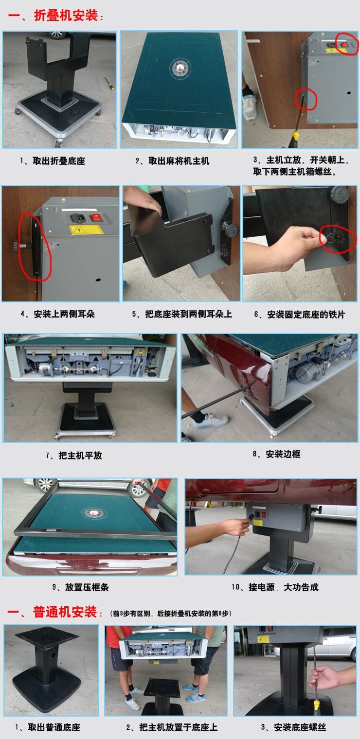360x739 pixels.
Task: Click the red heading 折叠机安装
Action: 66,15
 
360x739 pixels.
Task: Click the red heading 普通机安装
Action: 65,612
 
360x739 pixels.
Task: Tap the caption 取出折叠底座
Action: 59,160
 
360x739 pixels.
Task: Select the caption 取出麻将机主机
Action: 179,160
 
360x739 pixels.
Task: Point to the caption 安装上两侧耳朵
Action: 64,314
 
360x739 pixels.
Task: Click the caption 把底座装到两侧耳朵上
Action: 188,314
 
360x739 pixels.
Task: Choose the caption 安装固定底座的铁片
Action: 306,315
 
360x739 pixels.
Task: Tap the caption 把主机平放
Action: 80,455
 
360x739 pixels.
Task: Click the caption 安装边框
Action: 283,454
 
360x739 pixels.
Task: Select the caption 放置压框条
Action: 87,587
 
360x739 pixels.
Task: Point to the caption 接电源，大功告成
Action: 284,587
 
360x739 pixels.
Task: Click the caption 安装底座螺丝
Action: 300,727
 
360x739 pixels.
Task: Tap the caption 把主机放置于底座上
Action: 178,727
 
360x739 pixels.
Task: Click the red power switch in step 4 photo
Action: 96,218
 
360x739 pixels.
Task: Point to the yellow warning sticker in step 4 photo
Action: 87,229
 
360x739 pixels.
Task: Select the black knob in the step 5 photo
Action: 229,229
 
